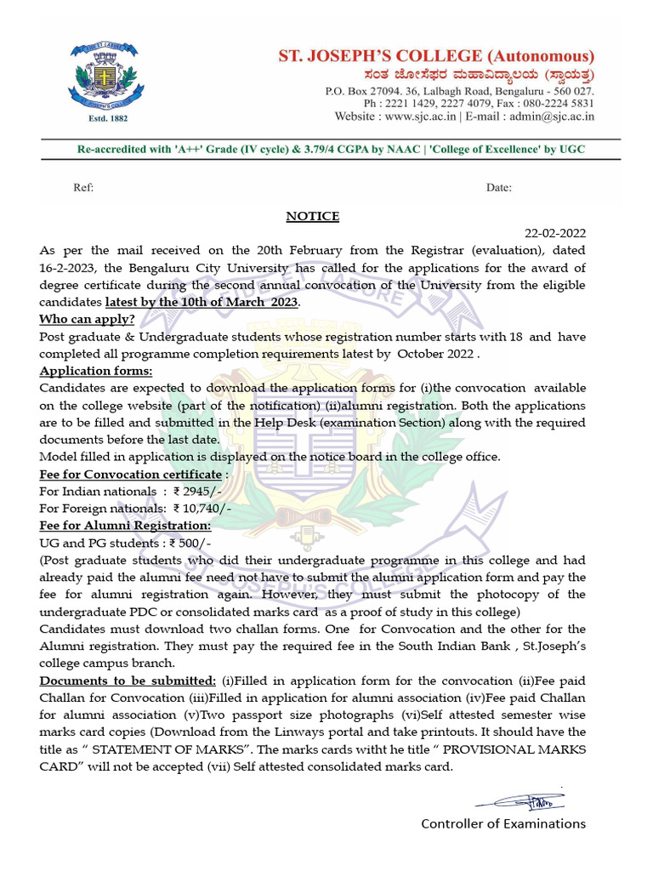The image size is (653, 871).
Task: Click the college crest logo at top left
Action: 101,76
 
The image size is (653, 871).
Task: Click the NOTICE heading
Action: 312,216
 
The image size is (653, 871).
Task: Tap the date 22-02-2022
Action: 555,233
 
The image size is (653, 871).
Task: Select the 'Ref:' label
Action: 83,187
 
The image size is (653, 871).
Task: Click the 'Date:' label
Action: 498,187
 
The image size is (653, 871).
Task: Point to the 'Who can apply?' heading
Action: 87,319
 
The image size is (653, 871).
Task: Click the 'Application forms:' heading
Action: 96,371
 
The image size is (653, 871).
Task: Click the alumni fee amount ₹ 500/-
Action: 191,543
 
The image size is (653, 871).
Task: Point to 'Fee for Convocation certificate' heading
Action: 131,474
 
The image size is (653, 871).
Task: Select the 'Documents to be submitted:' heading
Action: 128,680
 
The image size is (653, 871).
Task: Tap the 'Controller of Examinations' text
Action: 503,823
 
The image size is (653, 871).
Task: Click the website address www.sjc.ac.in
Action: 420,117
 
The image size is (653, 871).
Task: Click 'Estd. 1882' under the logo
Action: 101,119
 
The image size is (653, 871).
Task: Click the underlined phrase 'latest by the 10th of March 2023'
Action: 202,302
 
